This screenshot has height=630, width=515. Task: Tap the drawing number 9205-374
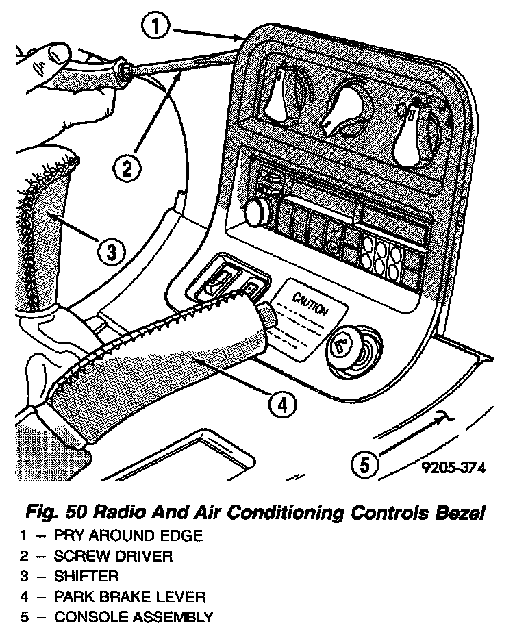tap(453, 468)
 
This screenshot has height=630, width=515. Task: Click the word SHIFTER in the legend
tap(87, 576)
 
